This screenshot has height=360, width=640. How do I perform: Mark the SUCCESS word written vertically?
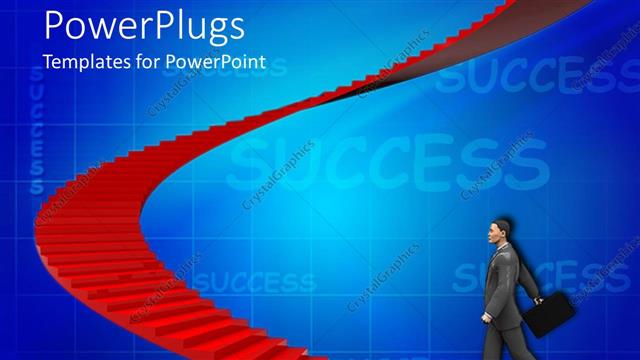point(34,140)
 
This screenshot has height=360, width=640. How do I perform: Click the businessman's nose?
point(486,236)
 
